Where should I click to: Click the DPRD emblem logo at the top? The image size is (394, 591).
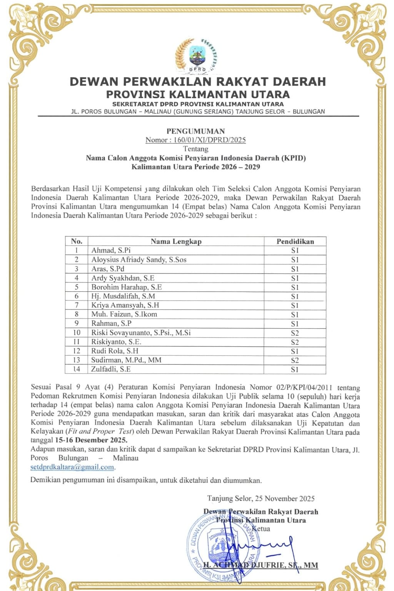[197, 56]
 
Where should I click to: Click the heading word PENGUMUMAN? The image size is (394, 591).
[195, 131]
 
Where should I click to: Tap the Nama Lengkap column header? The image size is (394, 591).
[176, 242]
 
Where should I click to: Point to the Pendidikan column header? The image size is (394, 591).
[295, 242]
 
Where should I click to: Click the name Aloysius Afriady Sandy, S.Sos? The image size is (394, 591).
[139, 260]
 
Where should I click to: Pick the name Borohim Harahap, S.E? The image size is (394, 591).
[127, 287]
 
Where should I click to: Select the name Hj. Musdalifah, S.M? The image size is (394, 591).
[123, 296]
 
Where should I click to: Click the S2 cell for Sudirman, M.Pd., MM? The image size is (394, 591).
[295, 361]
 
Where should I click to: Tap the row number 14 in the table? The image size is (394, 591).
[77, 369]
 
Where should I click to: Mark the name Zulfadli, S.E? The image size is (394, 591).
[111, 369]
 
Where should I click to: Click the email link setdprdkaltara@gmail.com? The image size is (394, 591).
[72, 467]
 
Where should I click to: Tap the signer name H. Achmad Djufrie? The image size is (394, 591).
[260, 565]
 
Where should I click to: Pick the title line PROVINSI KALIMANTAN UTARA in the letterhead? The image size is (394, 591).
[198, 94]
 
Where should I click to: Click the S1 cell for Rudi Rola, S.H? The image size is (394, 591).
[295, 351]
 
